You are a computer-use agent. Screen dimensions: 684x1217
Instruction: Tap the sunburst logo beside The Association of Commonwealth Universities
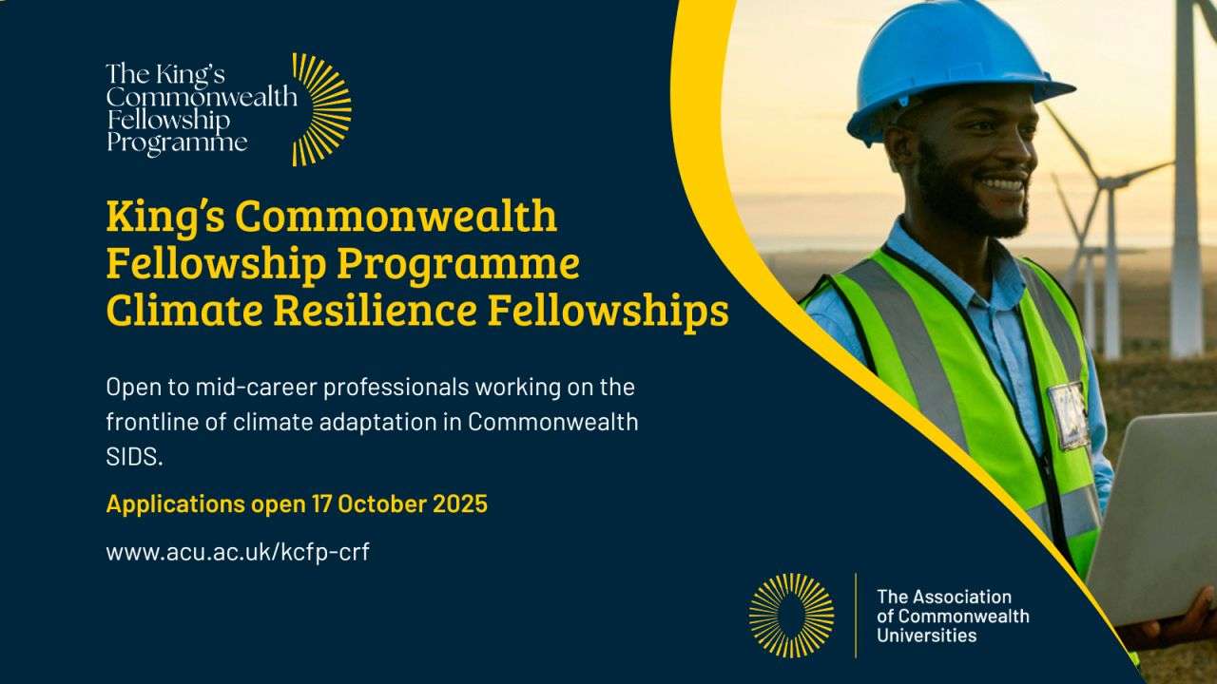[791, 615]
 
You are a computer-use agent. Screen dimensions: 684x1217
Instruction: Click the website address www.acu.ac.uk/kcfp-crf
[238, 552]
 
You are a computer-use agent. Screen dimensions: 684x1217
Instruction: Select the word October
[382, 503]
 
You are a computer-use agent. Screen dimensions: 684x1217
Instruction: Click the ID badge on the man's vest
[1069, 414]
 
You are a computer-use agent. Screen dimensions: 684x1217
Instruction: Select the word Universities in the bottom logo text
[926, 636]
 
